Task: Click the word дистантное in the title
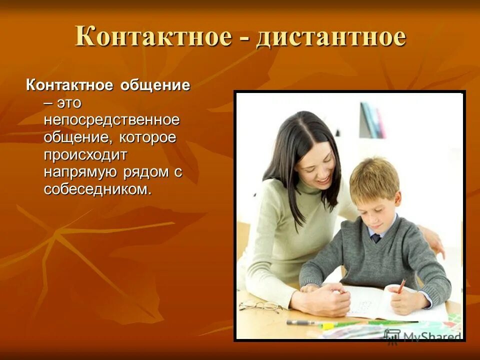point(331,37)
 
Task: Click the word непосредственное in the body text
point(111,120)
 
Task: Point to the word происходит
point(85,154)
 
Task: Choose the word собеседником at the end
point(97,189)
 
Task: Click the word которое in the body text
point(147,137)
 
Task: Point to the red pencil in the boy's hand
point(401,286)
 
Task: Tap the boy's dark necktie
point(376,238)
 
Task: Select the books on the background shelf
point(372,120)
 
